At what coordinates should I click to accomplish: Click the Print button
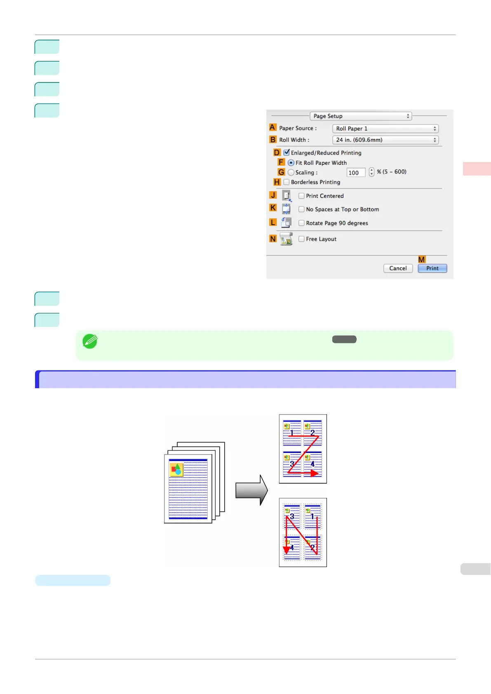point(432,268)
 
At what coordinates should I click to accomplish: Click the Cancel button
point(398,268)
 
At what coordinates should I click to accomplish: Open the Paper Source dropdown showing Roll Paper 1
point(385,129)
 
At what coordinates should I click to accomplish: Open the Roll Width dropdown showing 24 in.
point(385,140)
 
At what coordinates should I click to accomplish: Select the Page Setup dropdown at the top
point(361,116)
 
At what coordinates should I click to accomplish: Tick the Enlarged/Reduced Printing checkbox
point(287,152)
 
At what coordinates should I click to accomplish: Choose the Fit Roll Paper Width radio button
point(291,163)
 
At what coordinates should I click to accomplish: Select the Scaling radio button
point(291,173)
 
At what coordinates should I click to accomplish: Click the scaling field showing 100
point(356,173)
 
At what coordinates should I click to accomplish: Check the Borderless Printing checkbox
point(287,182)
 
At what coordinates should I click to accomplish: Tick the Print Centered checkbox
point(301,196)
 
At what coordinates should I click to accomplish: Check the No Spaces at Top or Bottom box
point(301,209)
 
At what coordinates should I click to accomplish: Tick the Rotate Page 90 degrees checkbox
point(301,223)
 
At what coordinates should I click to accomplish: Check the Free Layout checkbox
point(301,239)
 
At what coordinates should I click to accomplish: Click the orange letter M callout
point(421,260)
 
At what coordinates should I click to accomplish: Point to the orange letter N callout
point(273,239)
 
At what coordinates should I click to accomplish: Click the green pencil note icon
point(90,341)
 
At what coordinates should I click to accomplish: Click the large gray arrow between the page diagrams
point(251,490)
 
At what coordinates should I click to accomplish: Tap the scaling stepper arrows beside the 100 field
point(371,172)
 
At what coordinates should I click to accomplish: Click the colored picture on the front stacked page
point(176,469)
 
